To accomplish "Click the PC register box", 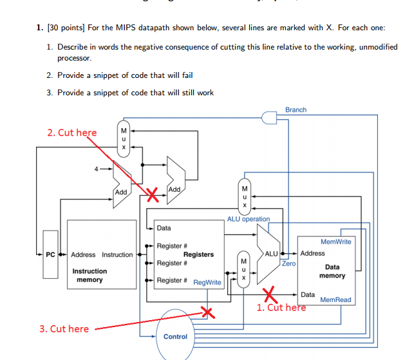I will (50, 254).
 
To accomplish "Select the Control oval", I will (175, 334).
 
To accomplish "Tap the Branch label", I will (296, 109).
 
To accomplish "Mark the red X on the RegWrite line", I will (207, 313).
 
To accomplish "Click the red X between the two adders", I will (153, 194).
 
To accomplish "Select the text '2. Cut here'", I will (71, 133).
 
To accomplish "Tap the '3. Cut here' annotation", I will (64, 328).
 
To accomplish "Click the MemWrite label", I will (335, 242).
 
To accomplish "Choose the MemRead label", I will (335, 300).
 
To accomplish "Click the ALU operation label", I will (249, 219).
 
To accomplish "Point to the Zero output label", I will (288, 263).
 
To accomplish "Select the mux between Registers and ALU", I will (243, 269).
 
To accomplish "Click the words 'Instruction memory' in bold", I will (89, 276).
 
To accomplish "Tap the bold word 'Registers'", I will (198, 254).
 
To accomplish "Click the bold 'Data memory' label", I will (332, 271).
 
